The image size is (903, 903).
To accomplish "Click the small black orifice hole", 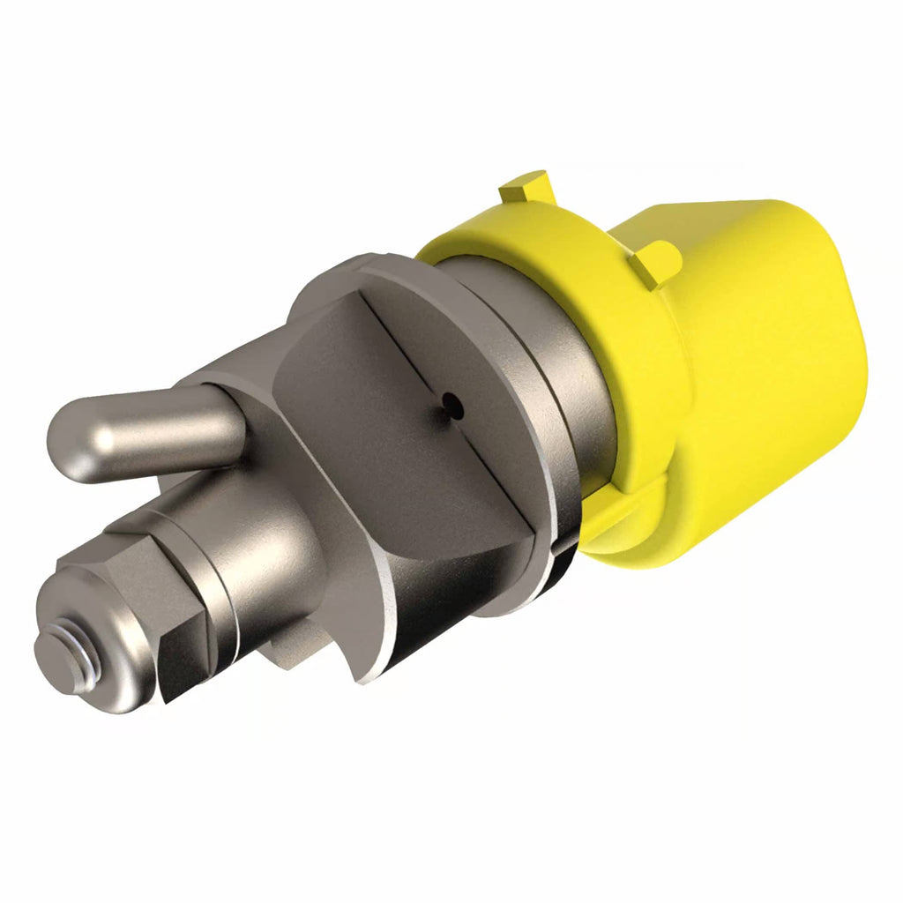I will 452,404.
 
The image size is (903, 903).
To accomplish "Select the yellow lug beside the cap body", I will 657,262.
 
